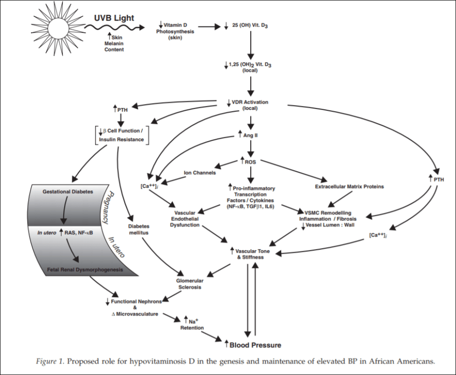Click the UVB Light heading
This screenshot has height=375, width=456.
113,18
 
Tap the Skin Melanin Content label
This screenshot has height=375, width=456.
114,43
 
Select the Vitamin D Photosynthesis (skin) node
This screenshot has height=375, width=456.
174,30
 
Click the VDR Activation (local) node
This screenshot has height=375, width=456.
249,105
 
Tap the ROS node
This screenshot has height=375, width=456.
249,162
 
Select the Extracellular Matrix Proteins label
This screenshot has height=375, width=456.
349,187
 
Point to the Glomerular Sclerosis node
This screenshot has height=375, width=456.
190,284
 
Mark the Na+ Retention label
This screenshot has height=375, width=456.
192,324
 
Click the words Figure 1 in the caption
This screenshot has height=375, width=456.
49,361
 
